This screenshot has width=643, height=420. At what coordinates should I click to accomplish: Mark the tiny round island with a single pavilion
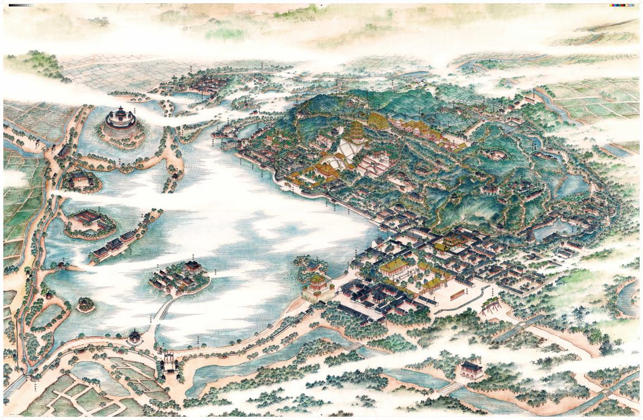pyautogui.click(x=85, y=304)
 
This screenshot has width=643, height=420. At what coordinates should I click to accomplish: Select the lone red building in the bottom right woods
pyautogui.click(x=471, y=370)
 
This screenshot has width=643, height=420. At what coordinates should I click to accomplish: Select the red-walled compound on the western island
pyautogui.click(x=89, y=219)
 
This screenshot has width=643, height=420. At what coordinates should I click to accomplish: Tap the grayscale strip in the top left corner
pyautogui.click(x=21, y=5)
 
